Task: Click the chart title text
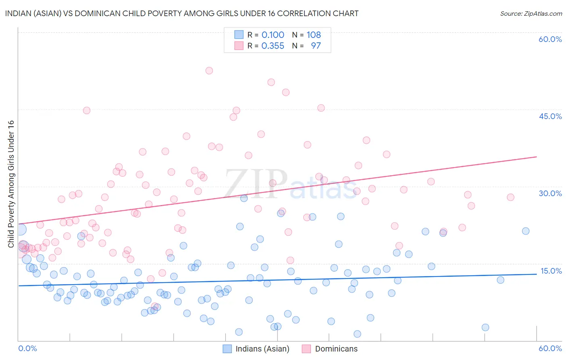181,13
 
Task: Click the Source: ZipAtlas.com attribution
531,13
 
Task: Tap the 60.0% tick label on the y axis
550,39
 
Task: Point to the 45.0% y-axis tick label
550,116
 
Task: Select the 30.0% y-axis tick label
550,193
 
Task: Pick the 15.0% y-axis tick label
550,271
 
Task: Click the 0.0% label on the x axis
27,348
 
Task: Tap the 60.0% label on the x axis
550,348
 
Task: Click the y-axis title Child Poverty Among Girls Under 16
11,184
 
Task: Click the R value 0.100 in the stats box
273,35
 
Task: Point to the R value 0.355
273,46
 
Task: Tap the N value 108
313,35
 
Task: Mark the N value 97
316,46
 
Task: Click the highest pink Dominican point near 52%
209,71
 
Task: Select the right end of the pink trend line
536,157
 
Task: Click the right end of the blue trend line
536,274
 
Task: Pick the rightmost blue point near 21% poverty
525,231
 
